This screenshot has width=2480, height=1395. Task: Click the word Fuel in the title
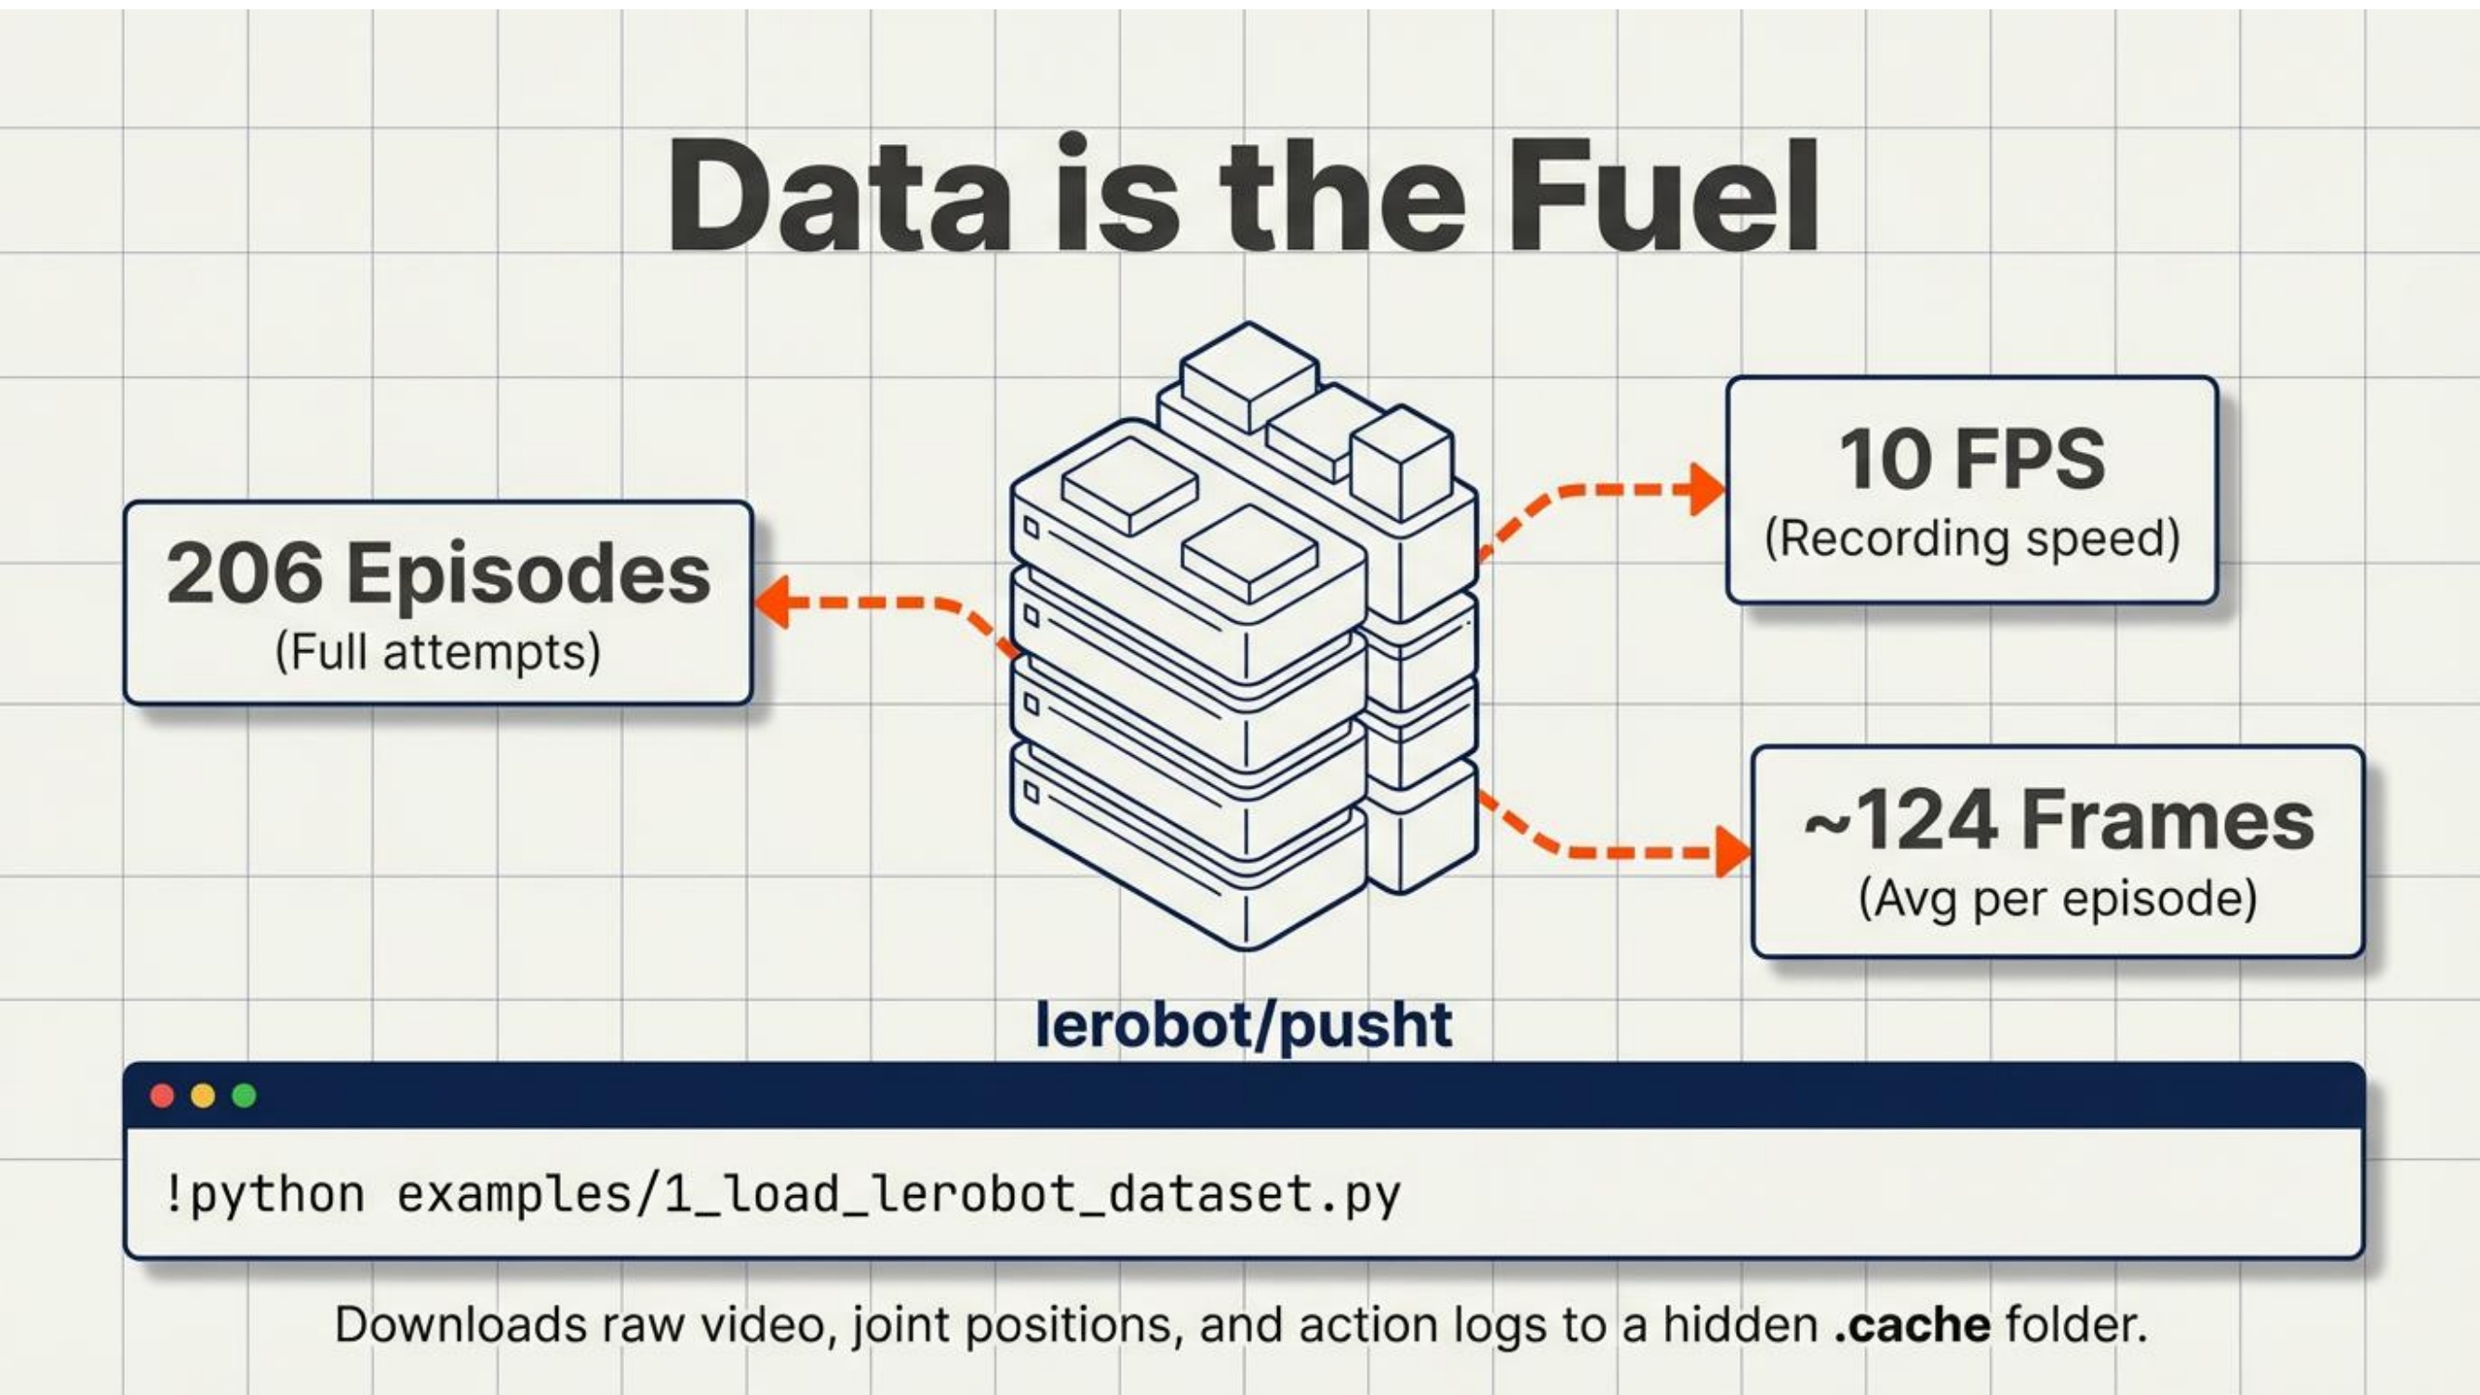point(1662,195)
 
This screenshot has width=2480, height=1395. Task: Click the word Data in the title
point(838,195)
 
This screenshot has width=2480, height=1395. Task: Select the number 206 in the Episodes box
point(245,574)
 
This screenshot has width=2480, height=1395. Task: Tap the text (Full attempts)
point(438,653)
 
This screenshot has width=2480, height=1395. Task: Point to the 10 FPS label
point(1973,459)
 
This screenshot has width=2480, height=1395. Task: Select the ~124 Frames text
point(2060,820)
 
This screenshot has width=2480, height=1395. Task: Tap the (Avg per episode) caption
point(2059,899)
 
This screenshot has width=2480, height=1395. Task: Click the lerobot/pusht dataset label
point(1244,1024)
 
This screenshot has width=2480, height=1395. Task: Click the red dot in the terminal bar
point(163,1096)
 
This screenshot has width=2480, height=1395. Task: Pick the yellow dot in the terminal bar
point(203,1096)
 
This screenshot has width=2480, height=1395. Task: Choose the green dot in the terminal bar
point(245,1096)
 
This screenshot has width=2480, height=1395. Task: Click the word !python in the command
point(266,1195)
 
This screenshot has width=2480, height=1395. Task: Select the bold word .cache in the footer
point(1912,1325)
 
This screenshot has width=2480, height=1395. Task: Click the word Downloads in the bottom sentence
point(460,1324)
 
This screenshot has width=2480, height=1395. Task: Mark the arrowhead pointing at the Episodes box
point(774,603)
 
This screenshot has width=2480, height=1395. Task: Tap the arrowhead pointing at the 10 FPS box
point(1708,489)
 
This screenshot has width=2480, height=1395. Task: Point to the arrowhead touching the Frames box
point(1733,851)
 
